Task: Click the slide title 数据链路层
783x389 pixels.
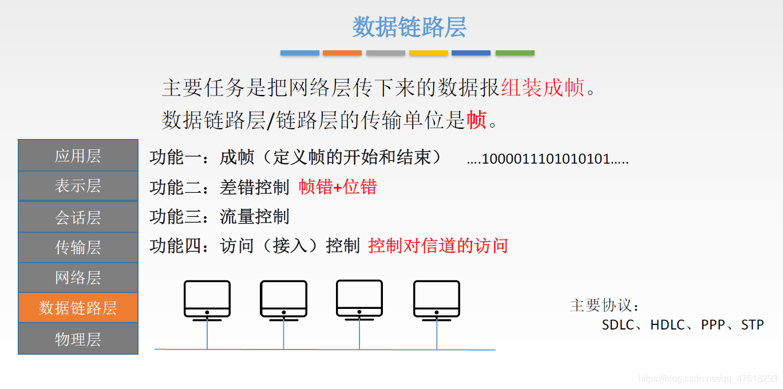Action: pos(409,27)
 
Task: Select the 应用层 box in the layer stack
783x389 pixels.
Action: pos(78,156)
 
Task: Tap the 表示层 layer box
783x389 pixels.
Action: pos(78,186)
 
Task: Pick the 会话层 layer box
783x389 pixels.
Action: pos(78,217)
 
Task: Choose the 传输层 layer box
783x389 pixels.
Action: pos(78,247)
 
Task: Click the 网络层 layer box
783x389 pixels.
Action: pos(78,277)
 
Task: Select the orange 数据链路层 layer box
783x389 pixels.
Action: pos(78,308)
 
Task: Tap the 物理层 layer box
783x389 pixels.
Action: pos(78,339)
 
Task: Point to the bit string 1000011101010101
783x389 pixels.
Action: pos(547,158)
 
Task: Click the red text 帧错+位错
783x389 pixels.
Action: pos(338,186)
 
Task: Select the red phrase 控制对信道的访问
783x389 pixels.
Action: pos(438,246)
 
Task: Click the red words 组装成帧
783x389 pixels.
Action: pos(543,88)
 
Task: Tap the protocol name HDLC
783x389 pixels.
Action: pos(667,325)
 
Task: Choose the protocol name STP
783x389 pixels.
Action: pos(752,325)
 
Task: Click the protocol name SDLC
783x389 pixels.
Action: pos(618,325)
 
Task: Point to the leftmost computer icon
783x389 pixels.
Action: pos(207,300)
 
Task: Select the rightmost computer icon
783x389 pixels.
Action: pos(437,300)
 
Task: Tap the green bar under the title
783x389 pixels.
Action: pos(515,53)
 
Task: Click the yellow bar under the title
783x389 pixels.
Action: pos(429,53)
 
